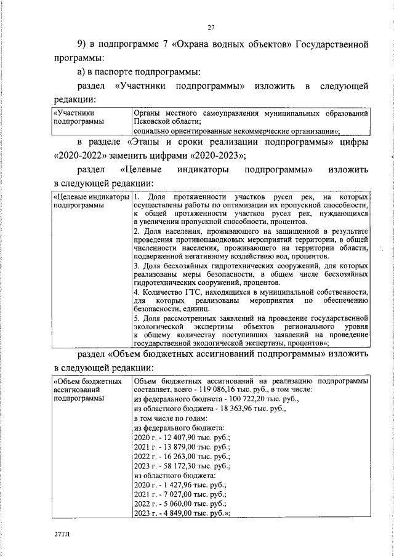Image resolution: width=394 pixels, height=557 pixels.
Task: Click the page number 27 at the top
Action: [211, 27]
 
